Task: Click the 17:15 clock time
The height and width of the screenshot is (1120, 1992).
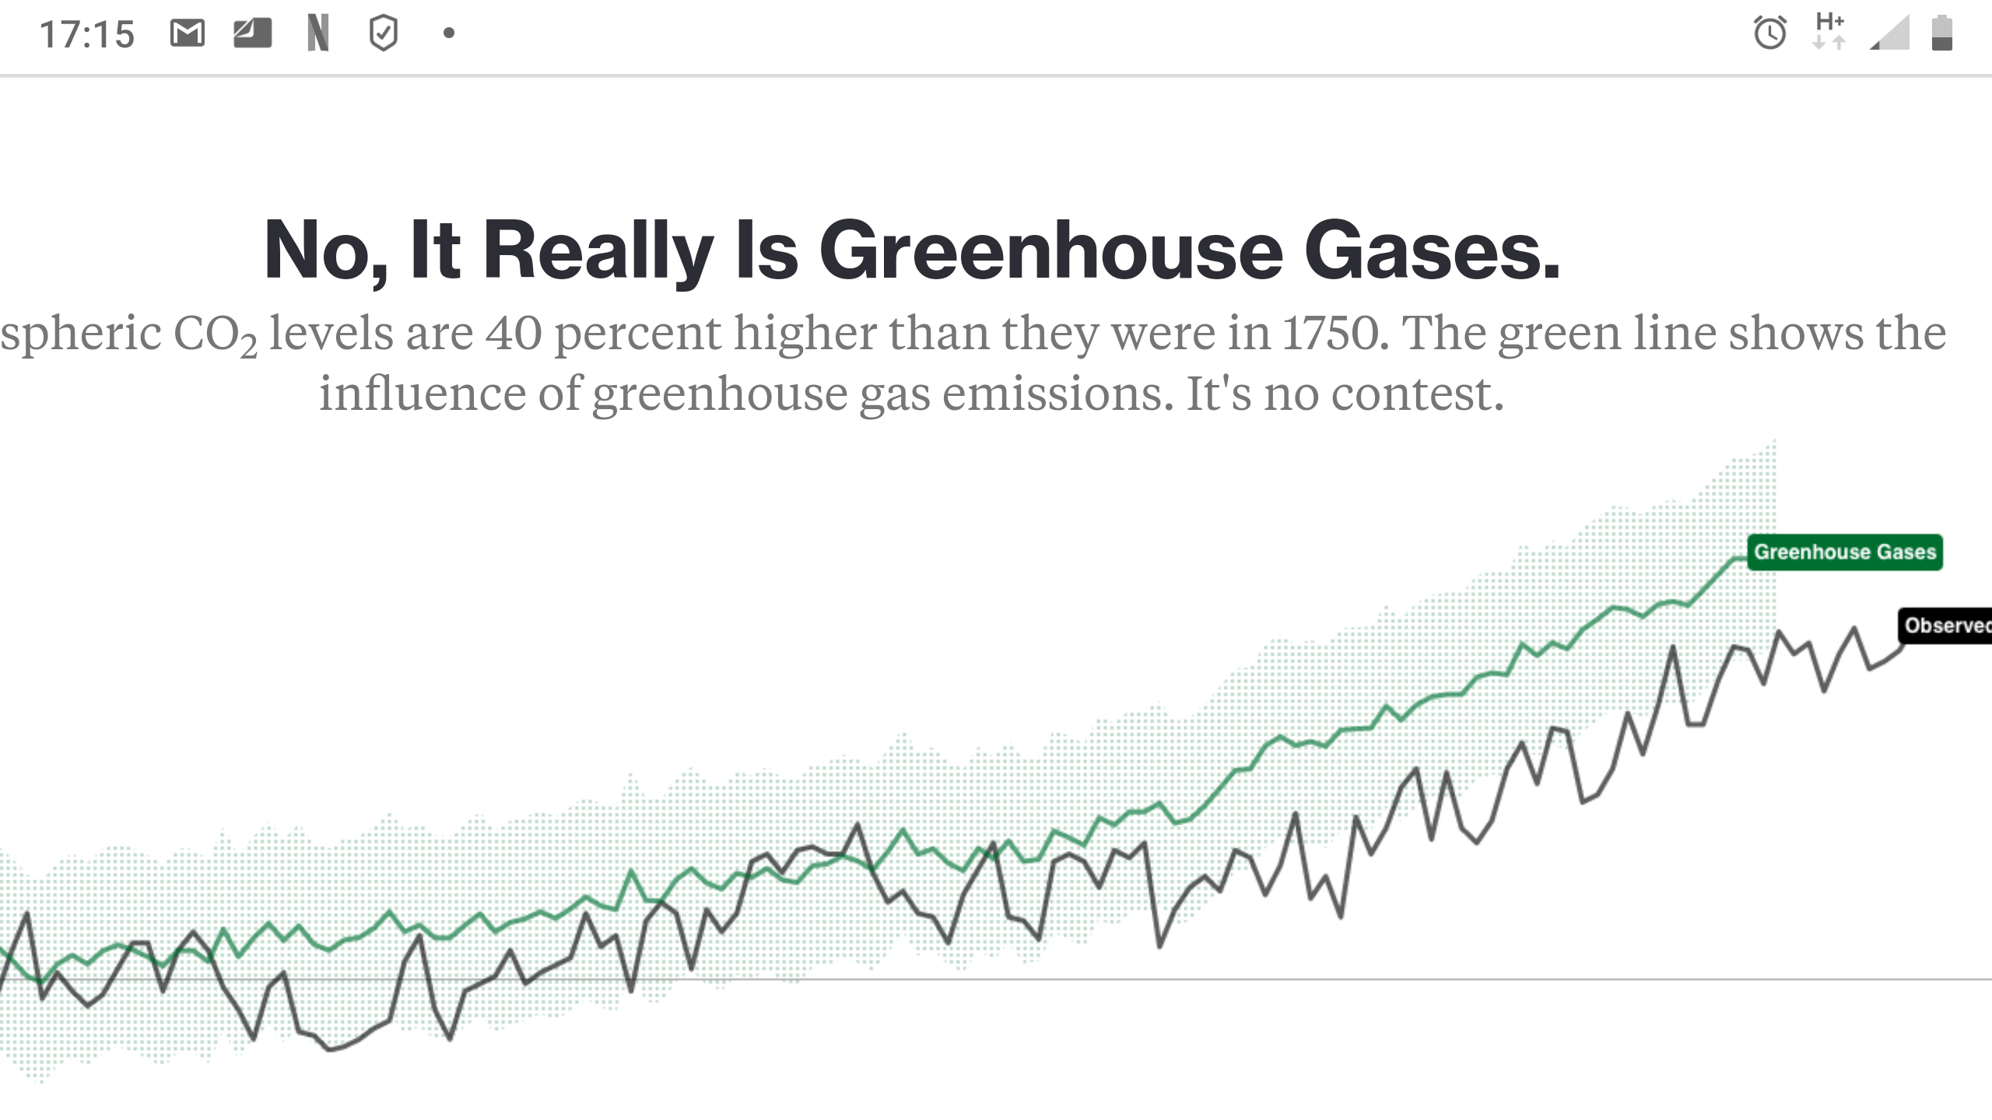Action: click(x=87, y=35)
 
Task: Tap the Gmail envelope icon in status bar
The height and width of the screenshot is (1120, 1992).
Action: click(x=187, y=33)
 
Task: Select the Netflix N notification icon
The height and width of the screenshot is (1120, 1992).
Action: click(x=317, y=33)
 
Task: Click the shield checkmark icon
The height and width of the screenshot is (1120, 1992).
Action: click(x=383, y=33)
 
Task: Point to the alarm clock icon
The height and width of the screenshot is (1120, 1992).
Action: click(x=1769, y=33)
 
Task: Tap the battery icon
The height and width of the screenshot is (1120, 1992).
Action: click(x=1941, y=33)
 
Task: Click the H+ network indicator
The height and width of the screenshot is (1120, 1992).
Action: click(x=1829, y=31)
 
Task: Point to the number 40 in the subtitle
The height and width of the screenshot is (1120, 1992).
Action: click(x=514, y=334)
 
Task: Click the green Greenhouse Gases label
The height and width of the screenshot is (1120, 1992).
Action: click(x=1844, y=552)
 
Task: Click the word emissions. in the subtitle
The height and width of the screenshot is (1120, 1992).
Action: click(x=1057, y=394)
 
